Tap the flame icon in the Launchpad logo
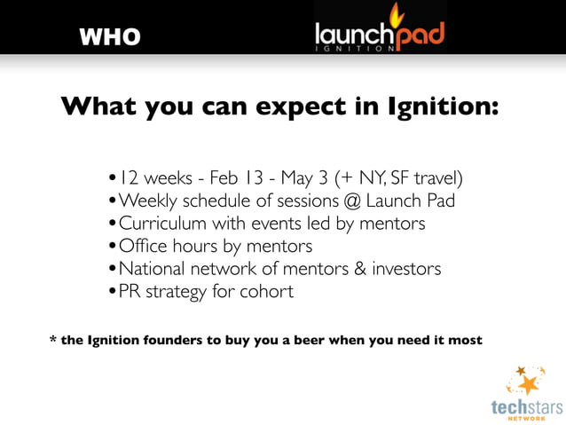(x=397, y=15)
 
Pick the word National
(x=153, y=268)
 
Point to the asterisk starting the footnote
(x=52, y=339)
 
